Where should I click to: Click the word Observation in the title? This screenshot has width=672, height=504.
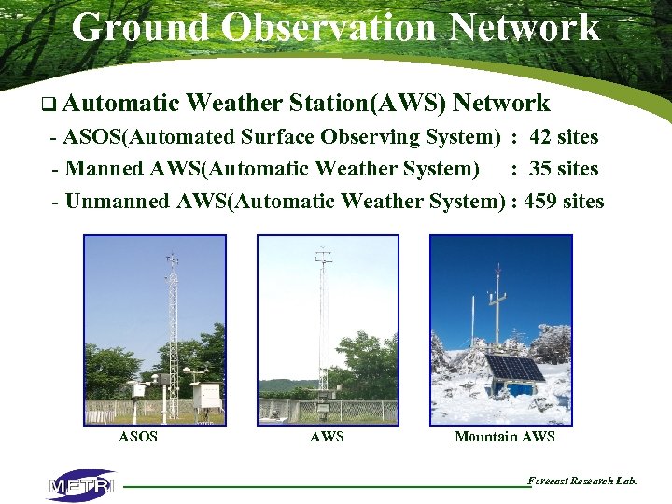tap(330, 27)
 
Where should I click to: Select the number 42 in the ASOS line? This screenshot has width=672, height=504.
tap(540, 137)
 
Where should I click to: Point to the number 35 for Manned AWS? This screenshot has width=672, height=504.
tap(540, 169)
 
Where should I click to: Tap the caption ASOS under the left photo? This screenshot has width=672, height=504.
tap(138, 437)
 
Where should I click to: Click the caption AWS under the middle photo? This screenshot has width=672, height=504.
tap(327, 437)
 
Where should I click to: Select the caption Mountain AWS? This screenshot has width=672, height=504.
tap(504, 437)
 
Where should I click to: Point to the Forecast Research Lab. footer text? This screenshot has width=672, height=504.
tap(582, 481)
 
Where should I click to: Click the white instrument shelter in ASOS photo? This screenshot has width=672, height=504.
tap(206, 395)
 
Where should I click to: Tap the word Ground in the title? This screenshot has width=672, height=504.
tap(142, 27)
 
